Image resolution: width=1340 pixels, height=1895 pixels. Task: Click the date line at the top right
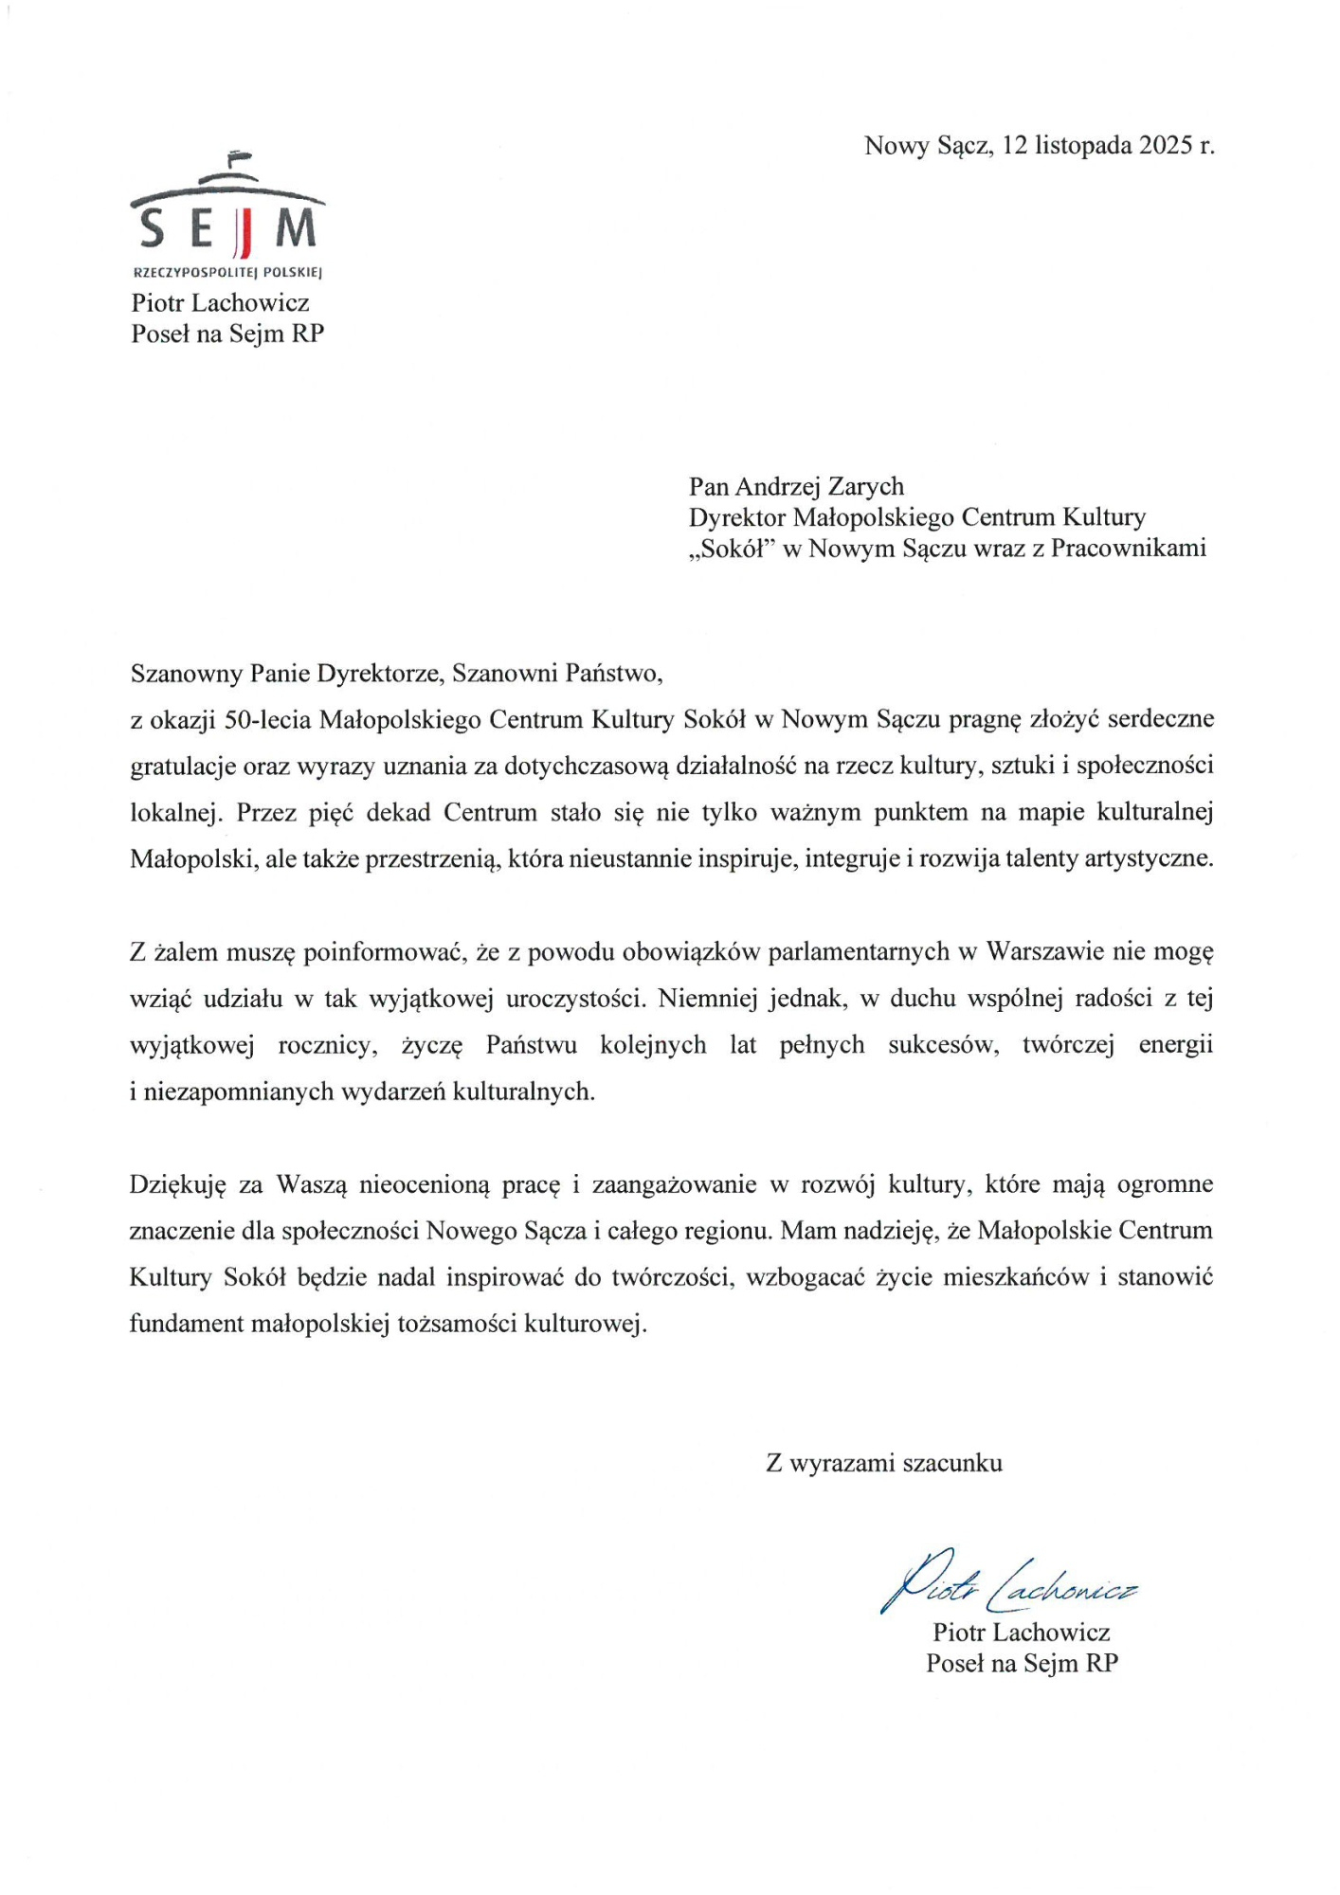point(1039,145)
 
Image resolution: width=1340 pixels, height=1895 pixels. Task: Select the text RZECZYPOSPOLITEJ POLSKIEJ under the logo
point(227,273)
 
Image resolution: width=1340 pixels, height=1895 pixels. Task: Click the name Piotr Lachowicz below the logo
point(220,303)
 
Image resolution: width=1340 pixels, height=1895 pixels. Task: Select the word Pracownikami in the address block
point(1129,549)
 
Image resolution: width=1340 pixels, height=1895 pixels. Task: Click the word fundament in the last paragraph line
point(186,1324)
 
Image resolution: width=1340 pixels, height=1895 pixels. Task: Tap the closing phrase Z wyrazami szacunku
point(884,1463)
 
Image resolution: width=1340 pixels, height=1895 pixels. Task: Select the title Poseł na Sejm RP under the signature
point(1022,1663)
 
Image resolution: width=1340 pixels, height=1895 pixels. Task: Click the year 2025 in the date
point(1165,145)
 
